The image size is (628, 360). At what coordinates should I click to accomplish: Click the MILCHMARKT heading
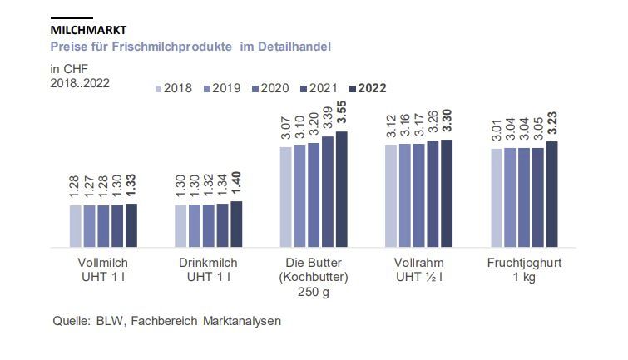pyautogui.click(x=88, y=31)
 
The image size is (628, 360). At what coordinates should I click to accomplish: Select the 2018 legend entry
pyautogui.click(x=173, y=88)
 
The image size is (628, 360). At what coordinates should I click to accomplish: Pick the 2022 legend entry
pyautogui.click(x=367, y=88)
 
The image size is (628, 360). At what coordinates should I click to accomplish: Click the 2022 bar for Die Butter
pyautogui.click(x=341, y=189)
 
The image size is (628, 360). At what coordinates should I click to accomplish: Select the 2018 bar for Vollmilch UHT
pyautogui.click(x=76, y=225)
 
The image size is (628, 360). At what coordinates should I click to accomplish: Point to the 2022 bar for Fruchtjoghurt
pyautogui.click(x=551, y=194)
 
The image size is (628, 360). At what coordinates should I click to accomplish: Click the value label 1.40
pyautogui.click(x=236, y=183)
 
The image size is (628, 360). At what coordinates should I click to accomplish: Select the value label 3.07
pyautogui.click(x=286, y=131)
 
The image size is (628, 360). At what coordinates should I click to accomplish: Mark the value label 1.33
pyautogui.click(x=131, y=186)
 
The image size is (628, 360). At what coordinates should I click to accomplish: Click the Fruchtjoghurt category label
pyautogui.click(x=524, y=264)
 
